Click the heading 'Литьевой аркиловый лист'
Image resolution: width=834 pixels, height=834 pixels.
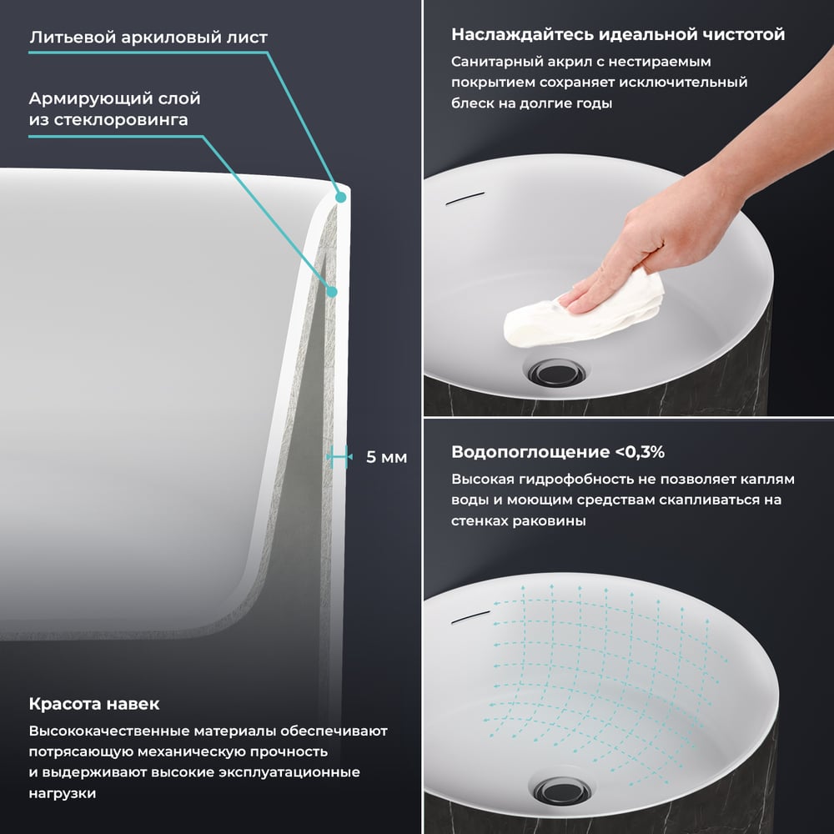(x=148, y=38)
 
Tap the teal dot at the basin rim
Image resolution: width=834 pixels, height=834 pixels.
(x=340, y=198)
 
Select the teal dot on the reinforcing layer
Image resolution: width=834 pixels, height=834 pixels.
(x=332, y=291)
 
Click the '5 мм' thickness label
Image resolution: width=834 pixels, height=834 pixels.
(x=387, y=457)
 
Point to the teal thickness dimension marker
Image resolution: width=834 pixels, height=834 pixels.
(x=339, y=456)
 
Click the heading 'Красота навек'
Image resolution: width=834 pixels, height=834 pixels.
(x=94, y=704)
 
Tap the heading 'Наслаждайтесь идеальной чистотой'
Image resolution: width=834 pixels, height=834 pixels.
(x=618, y=34)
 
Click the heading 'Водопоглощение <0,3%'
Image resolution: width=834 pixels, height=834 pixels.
(x=558, y=452)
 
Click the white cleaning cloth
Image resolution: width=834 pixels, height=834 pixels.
(x=583, y=311)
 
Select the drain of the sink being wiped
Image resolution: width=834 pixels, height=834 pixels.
(x=556, y=371)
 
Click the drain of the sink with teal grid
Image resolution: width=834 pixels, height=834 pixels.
(x=562, y=791)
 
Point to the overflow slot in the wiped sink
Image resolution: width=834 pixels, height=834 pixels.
(x=465, y=198)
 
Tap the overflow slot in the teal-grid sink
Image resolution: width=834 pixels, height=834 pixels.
(x=470, y=617)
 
